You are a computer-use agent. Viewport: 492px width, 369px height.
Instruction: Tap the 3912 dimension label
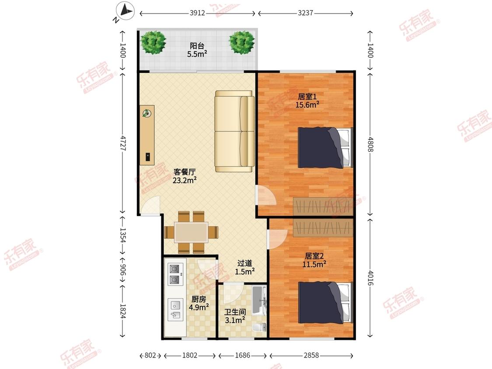pos(197,13)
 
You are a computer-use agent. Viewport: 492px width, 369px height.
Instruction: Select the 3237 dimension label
pos(305,13)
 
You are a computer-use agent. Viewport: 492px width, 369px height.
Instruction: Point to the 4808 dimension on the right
pos(370,144)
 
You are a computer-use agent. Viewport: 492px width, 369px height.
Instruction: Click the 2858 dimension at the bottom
pos(311,355)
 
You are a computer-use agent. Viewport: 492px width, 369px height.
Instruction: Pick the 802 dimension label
pos(150,355)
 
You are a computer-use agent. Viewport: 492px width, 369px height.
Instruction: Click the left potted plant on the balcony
pos(153,42)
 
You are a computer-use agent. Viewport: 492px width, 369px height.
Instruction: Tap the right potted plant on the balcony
pos(241,42)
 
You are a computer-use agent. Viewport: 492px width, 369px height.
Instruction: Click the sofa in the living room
pos(235,131)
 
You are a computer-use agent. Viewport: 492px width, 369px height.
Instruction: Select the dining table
pos(191,233)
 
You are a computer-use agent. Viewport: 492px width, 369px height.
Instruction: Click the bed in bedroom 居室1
pos(325,147)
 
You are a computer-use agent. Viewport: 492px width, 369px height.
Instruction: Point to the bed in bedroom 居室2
pos(325,302)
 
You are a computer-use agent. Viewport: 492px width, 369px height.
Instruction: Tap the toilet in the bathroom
pos(259,327)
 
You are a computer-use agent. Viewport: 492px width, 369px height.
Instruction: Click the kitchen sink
pos(175,310)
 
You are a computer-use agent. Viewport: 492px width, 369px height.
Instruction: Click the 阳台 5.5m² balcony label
pos(197,50)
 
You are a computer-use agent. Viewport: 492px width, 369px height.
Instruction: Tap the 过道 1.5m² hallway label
pos(245,267)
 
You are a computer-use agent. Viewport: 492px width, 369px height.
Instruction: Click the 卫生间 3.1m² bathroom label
pos(235,316)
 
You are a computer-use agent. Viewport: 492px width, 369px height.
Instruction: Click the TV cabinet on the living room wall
pos(147,135)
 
